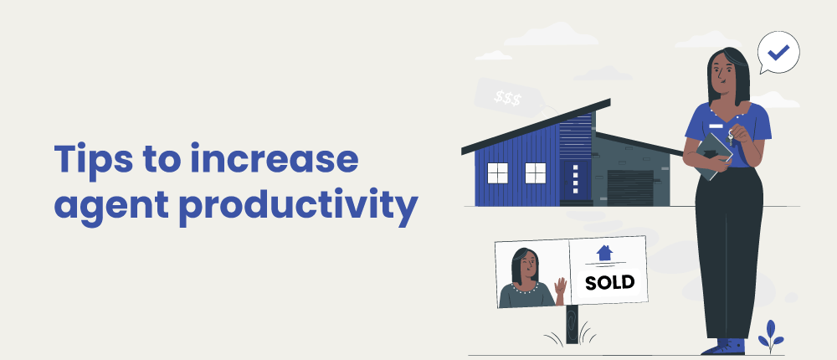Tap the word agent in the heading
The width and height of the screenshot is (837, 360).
coord(111,207)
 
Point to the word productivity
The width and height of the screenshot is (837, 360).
coord(298,206)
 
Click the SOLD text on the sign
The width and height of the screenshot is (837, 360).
coord(609,282)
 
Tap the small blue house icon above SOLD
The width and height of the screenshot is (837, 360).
coord(604,253)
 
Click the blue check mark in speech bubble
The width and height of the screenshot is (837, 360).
coord(778,52)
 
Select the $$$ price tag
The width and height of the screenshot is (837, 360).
coord(508,98)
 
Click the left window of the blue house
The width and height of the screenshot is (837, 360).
coord(497,173)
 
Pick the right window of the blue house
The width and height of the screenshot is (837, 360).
coord(536,173)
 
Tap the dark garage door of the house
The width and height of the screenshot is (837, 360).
coord(630,188)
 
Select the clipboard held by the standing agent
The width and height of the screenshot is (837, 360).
coord(714,156)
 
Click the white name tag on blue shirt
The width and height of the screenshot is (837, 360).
coord(716,126)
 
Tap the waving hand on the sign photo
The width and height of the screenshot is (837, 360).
coord(560,289)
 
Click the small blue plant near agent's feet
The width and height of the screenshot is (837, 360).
coord(770,336)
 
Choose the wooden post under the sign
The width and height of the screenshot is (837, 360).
coord(573,324)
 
